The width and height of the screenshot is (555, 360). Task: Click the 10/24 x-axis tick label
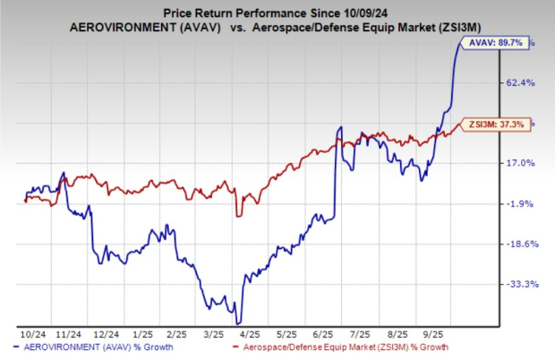point(30,333)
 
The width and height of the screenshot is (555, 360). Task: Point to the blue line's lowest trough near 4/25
point(237,322)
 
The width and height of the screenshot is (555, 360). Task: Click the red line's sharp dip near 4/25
point(237,215)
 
